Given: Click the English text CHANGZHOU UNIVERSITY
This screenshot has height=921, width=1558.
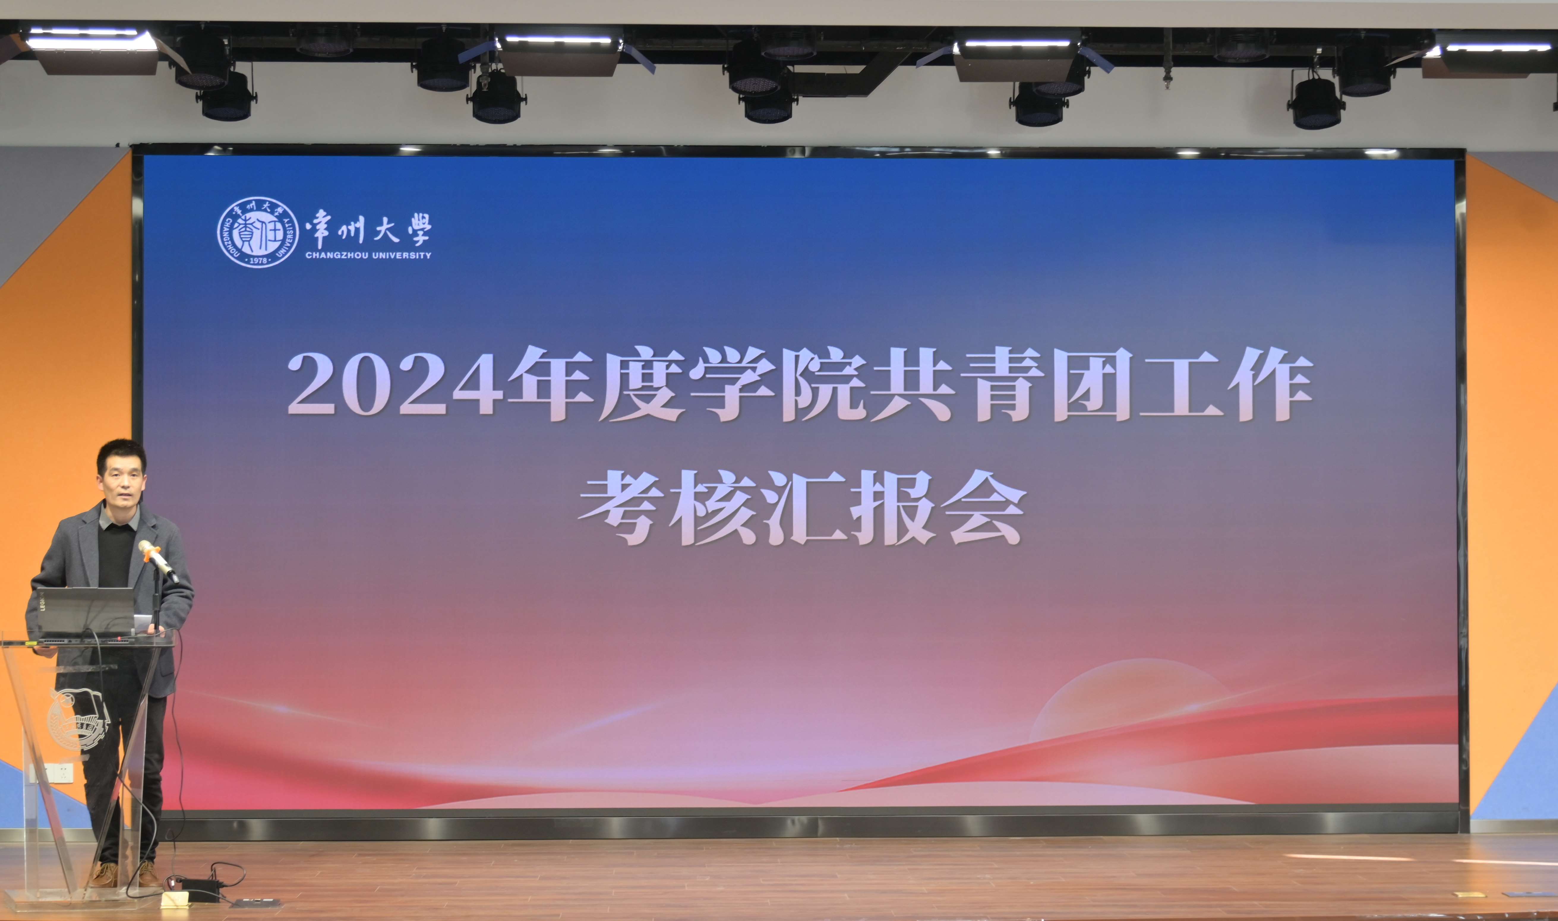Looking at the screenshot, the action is coord(368,255).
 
